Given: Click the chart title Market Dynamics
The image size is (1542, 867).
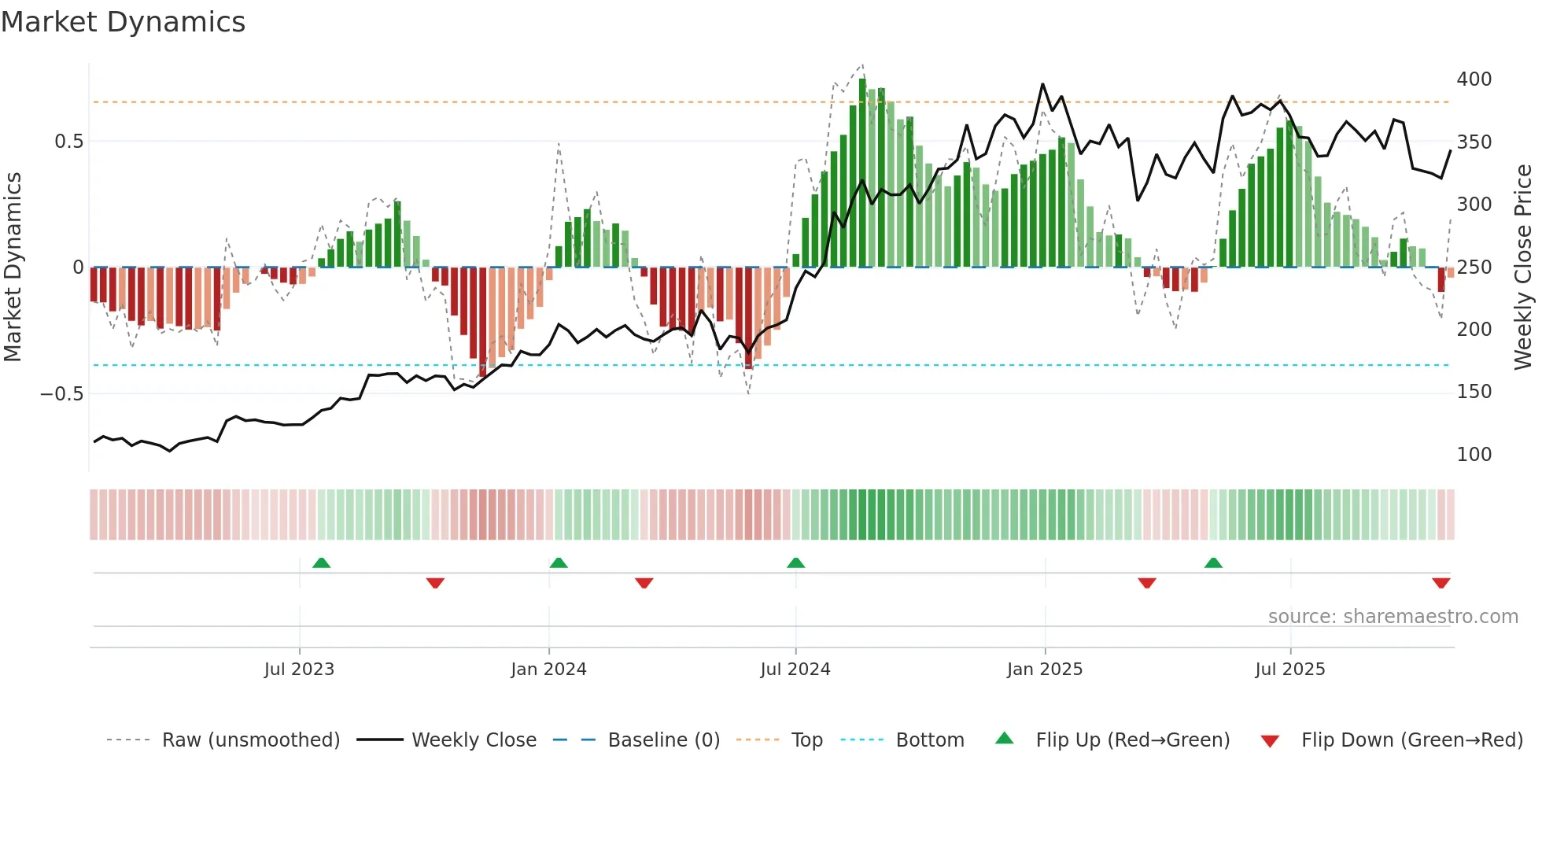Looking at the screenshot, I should pos(124,22).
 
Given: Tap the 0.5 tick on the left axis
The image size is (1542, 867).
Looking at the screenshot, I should pos(68,142).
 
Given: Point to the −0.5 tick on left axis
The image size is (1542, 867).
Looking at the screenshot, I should pos(61,393).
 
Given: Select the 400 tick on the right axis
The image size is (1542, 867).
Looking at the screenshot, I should pos(1474,79).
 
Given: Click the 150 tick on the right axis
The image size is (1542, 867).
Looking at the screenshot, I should pos(1474,392).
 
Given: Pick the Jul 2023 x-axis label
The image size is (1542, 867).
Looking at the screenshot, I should pos(299,670).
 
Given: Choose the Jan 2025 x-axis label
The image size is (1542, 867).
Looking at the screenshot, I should pos(1044,670).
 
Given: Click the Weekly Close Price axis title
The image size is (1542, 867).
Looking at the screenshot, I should pos(1523,267).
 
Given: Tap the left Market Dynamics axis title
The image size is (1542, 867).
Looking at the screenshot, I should pos(13,267).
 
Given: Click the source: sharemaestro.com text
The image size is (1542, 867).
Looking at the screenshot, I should pos(1393,617).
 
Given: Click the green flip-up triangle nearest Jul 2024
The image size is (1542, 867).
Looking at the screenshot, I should pos(795,563).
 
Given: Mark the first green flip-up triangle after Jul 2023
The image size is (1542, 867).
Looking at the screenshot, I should pos(321,563).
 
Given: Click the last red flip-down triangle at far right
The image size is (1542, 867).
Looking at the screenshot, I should pos(1441,583).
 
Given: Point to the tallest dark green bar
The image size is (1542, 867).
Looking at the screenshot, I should pos(862,173).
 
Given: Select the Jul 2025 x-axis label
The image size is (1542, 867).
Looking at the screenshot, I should pos(1289,670).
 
